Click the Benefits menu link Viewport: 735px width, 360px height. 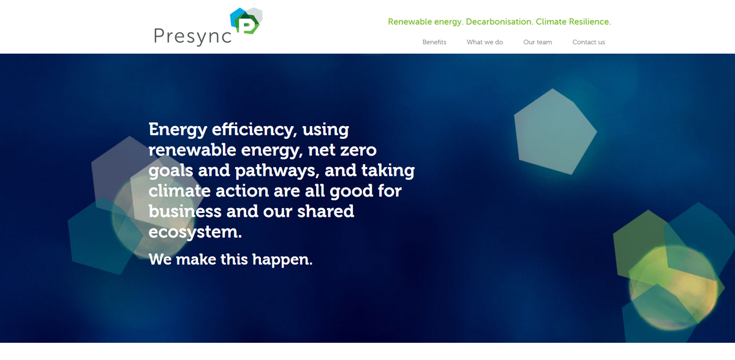click(434, 42)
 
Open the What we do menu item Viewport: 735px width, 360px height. click(484, 42)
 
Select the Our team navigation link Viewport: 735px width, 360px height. click(537, 42)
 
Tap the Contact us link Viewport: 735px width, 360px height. click(588, 42)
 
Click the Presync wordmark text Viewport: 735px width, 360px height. click(192, 36)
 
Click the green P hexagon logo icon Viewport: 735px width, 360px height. click(247, 23)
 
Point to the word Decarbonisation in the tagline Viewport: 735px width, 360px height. click(499, 22)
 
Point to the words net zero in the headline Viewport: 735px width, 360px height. click(342, 150)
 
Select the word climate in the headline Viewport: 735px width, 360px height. click(179, 190)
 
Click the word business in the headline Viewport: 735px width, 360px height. click(185, 211)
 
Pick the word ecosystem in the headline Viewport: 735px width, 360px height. click(195, 232)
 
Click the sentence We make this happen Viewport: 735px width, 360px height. click(230, 259)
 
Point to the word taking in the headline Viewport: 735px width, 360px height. click(388, 170)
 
